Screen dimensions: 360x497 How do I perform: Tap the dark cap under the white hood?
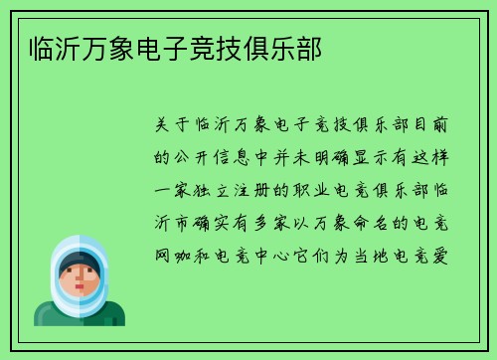click(79, 261)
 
